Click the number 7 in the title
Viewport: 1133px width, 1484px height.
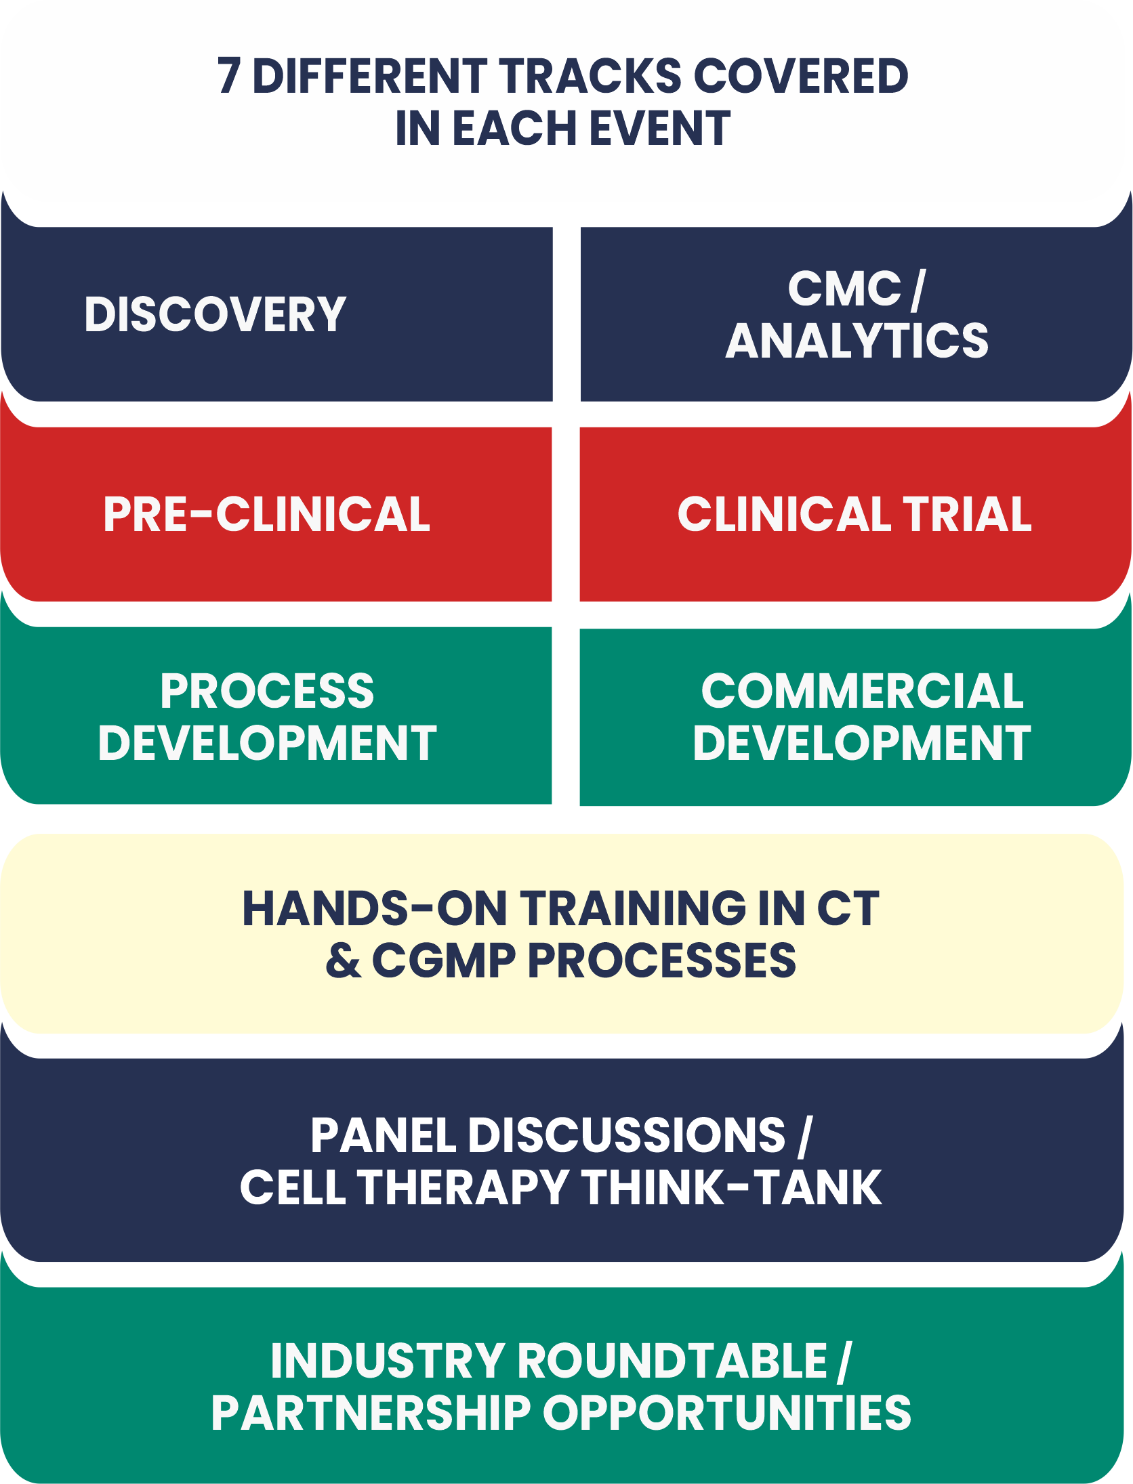pos(228,76)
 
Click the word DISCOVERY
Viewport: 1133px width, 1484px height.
pos(215,315)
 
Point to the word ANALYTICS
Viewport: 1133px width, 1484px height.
pos(857,341)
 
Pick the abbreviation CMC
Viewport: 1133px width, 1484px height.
pos(844,289)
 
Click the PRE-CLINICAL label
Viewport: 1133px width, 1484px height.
pos(266,515)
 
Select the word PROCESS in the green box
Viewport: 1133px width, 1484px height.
pos(267,692)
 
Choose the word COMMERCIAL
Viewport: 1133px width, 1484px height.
pos(862,692)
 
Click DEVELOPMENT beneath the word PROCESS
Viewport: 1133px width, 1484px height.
pos(267,744)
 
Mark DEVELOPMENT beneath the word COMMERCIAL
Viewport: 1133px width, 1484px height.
pos(862,744)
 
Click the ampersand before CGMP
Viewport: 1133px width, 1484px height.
pos(343,961)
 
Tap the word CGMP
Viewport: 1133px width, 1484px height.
pos(444,961)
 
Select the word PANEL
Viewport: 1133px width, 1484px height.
pos(383,1136)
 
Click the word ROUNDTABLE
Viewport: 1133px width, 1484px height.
pos(673,1361)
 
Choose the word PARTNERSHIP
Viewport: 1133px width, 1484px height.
pos(371,1414)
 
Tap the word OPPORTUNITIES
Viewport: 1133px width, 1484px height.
pos(726,1414)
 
